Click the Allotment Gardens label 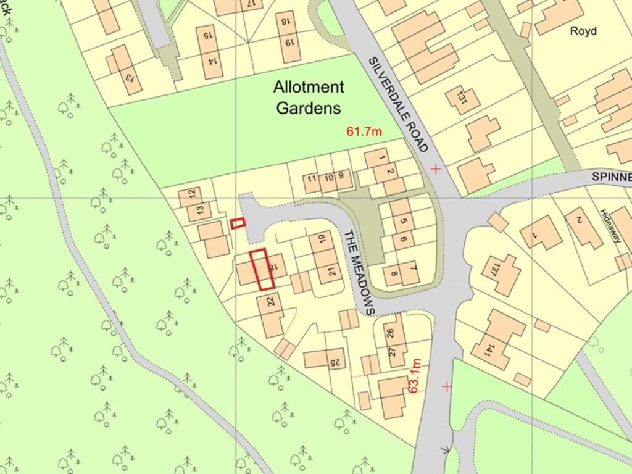coord(308,98)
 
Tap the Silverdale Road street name coord(397,104)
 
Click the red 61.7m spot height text coord(364,131)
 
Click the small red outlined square coord(238,223)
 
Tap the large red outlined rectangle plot coord(262,269)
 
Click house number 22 coord(270,302)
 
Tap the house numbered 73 coord(129,78)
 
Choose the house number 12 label coord(192,193)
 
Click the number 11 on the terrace coord(312,179)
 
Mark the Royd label coord(583,31)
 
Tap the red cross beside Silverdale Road coord(436,168)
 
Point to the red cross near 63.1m coord(446,386)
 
